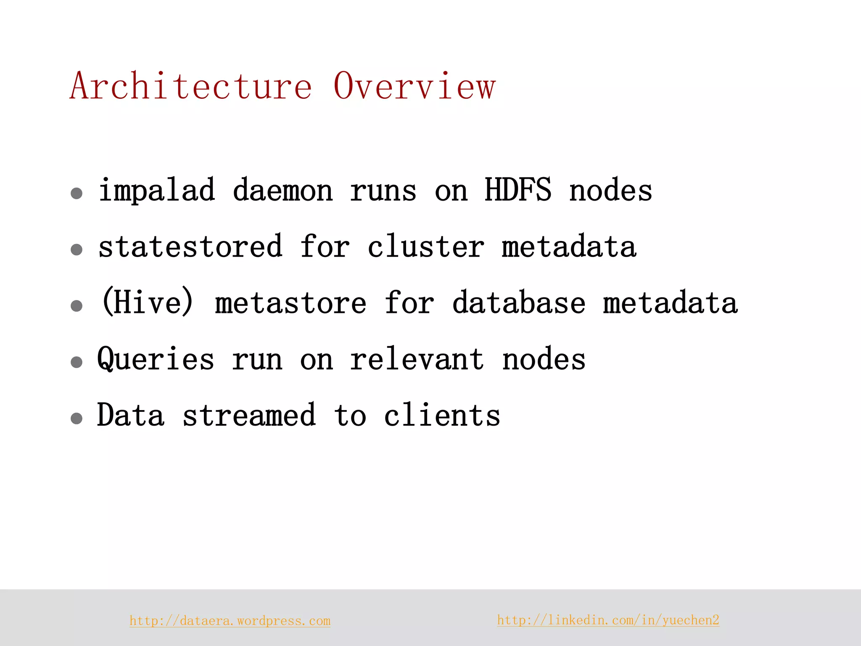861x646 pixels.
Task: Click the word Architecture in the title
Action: coord(191,86)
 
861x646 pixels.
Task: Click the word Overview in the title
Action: coord(415,86)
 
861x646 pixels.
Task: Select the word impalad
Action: coord(156,191)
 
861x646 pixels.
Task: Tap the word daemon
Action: coord(283,191)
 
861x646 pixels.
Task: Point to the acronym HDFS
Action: coord(518,190)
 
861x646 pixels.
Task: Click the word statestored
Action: coord(190,246)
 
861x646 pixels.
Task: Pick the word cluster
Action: coord(425,246)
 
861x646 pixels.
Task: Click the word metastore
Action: coord(291,303)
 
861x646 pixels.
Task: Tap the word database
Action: coord(518,303)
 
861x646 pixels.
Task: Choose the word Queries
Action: coord(156,360)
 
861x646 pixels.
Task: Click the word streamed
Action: coord(249,416)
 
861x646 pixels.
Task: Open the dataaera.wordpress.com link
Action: coord(230,621)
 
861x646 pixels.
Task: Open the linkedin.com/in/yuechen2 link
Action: coord(608,620)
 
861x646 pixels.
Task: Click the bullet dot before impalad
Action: coord(77,193)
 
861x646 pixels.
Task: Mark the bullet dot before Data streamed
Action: coord(77,418)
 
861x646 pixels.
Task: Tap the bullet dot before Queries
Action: coord(77,362)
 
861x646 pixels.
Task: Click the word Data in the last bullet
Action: coord(130,416)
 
